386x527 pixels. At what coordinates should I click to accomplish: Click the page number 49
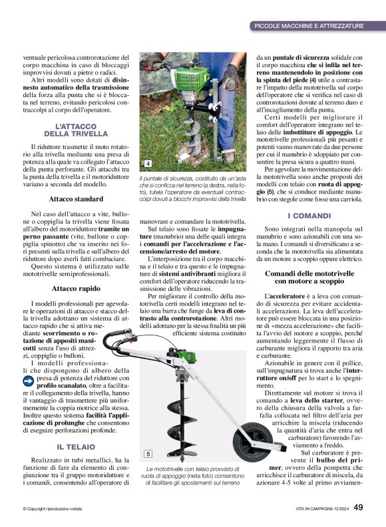click(358, 508)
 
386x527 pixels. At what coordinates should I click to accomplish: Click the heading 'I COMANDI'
click(309, 216)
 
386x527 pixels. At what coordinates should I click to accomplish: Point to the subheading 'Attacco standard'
click(76, 198)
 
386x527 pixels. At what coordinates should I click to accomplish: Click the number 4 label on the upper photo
click(147, 164)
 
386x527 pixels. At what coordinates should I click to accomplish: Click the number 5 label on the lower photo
click(148, 454)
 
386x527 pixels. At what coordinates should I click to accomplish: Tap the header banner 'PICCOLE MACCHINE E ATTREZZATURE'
click(309, 26)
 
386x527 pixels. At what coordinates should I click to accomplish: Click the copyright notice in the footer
click(53, 509)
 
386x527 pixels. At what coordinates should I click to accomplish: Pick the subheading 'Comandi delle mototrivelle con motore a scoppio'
click(309, 277)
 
